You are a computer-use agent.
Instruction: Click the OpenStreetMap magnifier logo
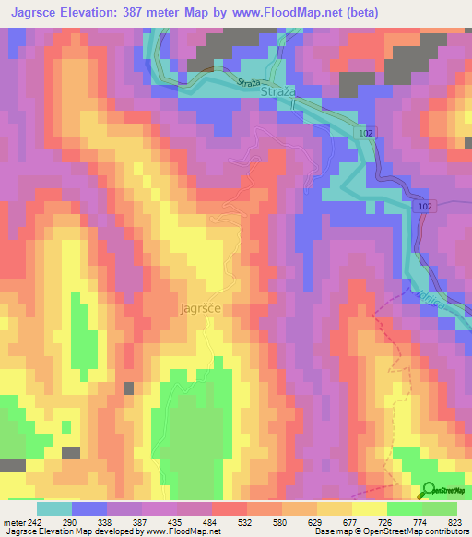[430, 490]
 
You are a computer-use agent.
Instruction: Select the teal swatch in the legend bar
[54, 508]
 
